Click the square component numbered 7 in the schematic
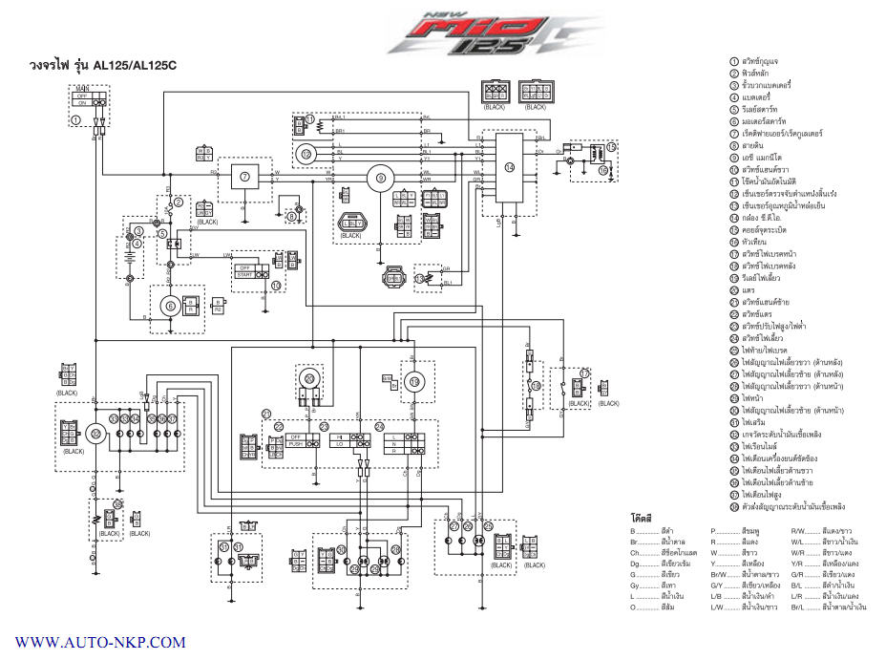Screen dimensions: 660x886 coord(244,177)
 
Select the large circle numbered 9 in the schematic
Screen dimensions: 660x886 coord(380,177)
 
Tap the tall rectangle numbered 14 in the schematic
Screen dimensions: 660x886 coord(510,168)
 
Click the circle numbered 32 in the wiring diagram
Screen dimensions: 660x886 coord(95,433)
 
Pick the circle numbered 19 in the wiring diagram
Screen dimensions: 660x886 coord(414,381)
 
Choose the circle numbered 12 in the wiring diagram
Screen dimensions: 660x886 coord(306,153)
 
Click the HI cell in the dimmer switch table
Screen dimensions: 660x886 coord(339,436)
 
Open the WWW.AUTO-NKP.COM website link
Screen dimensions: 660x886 coord(100,643)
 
